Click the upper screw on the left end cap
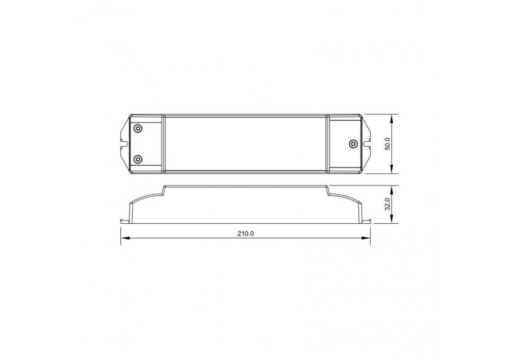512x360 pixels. click(x=138, y=128)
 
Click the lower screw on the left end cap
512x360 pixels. click(x=138, y=159)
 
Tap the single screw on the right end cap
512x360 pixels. click(x=352, y=144)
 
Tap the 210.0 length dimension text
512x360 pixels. click(x=245, y=234)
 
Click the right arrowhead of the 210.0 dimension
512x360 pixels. click(x=369, y=239)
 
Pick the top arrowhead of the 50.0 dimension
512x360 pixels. click(x=395, y=116)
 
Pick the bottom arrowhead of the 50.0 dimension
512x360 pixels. click(x=395, y=172)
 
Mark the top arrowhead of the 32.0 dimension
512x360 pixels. click(x=395, y=187)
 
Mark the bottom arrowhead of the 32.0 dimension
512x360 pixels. click(x=395, y=221)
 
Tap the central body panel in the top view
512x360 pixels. click(x=245, y=144)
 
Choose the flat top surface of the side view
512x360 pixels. click(x=245, y=186)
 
